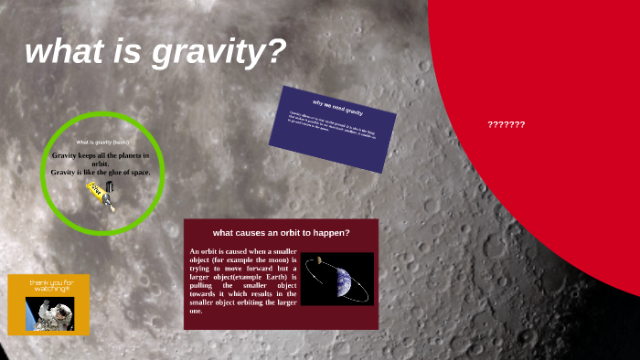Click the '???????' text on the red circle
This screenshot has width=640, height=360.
tap(506, 124)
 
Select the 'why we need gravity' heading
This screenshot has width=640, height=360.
tap(337, 106)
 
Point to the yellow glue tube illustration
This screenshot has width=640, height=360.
tap(100, 195)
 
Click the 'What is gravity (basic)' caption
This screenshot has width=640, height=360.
tap(102, 143)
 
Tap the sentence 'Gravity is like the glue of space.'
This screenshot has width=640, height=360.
tap(101, 172)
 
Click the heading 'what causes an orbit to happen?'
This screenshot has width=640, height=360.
tap(281, 232)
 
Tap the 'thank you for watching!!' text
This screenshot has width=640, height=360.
tap(48, 286)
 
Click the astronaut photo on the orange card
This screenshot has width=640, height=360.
tap(48, 312)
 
